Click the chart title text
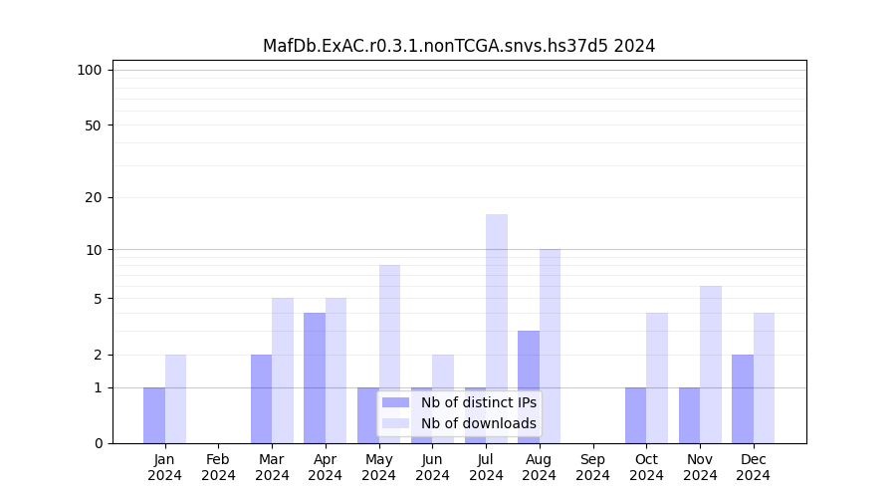[x=459, y=46]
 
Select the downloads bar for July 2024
[x=497, y=329]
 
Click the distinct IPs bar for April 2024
[x=315, y=377]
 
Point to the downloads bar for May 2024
[x=390, y=354]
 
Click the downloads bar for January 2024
[x=175, y=398]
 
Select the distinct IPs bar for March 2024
[x=261, y=398]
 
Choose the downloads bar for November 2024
[x=711, y=365]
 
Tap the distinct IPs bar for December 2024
[x=743, y=398]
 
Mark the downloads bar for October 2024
[x=657, y=377]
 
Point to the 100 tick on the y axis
[x=90, y=70]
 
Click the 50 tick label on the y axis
[x=93, y=125]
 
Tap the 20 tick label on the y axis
[x=93, y=197]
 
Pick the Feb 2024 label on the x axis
[x=218, y=467]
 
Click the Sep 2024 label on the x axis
[x=592, y=467]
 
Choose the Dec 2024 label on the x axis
[x=754, y=467]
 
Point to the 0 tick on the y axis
[x=98, y=443]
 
